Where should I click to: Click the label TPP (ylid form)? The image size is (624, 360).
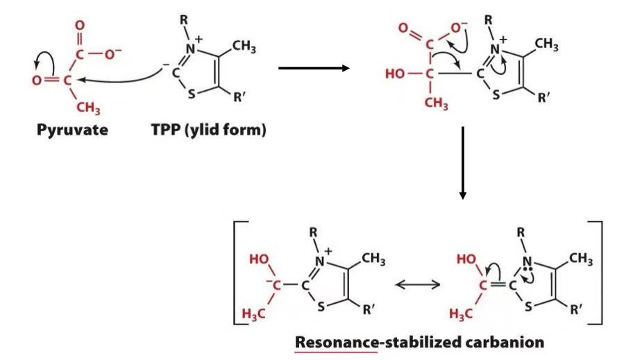[x=208, y=130]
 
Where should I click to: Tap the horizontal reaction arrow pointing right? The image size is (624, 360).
[x=312, y=68]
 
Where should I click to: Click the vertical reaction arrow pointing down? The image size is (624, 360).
[x=462, y=162]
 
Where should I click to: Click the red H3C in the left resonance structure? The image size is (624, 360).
[x=258, y=313]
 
